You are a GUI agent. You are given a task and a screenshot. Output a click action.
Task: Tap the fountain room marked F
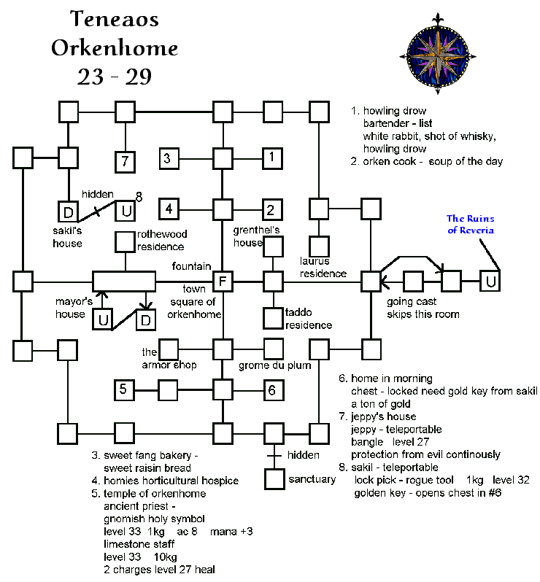click(222, 281)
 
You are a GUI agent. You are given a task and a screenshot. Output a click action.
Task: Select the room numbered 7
click(126, 160)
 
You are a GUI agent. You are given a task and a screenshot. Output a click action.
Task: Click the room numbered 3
click(169, 158)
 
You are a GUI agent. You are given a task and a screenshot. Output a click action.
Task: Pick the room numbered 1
click(272, 157)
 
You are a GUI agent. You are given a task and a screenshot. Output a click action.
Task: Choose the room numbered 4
click(169, 209)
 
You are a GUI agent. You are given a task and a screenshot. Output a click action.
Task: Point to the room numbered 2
click(272, 209)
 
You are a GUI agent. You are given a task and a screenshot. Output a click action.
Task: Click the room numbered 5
click(125, 389)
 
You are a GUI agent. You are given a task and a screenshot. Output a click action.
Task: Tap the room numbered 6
click(272, 390)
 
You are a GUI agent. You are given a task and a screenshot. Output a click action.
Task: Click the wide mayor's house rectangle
click(124, 281)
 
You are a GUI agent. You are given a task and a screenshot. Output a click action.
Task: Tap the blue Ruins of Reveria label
click(471, 225)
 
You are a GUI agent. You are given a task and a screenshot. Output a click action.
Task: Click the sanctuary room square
click(274, 478)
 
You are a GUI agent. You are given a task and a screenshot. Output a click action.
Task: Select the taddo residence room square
click(273, 317)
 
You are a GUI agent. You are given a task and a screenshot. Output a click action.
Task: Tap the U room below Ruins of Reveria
click(490, 281)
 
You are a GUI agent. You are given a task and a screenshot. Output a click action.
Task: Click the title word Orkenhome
click(115, 49)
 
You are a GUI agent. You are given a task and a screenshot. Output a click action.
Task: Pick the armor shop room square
click(169, 349)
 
